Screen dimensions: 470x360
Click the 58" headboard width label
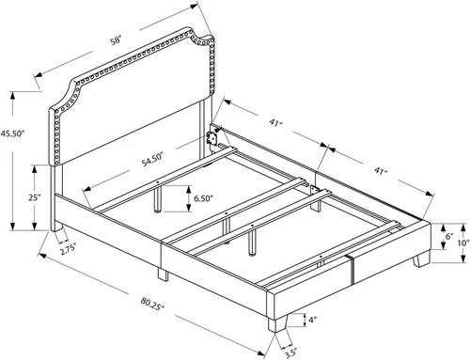coord(116,40)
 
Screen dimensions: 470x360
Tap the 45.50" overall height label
coord(12,133)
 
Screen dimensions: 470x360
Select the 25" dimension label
coord(35,198)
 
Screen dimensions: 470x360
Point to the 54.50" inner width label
coord(152,159)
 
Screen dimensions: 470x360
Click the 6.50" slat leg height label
coord(203,198)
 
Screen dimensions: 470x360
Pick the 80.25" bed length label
coord(152,304)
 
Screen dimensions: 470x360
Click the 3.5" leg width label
coord(290,353)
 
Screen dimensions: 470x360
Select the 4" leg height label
coord(313,320)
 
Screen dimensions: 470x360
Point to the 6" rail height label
coord(449,236)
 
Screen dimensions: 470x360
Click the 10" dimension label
coord(465,243)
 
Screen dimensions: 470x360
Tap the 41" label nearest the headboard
coord(275,122)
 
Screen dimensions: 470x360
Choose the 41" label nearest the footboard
coord(382,171)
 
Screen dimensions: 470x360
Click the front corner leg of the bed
coord(277,323)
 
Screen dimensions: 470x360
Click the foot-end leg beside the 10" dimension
coord(421,259)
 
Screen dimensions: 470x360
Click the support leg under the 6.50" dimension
coord(158,199)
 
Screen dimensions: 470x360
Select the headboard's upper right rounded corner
coord(210,39)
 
